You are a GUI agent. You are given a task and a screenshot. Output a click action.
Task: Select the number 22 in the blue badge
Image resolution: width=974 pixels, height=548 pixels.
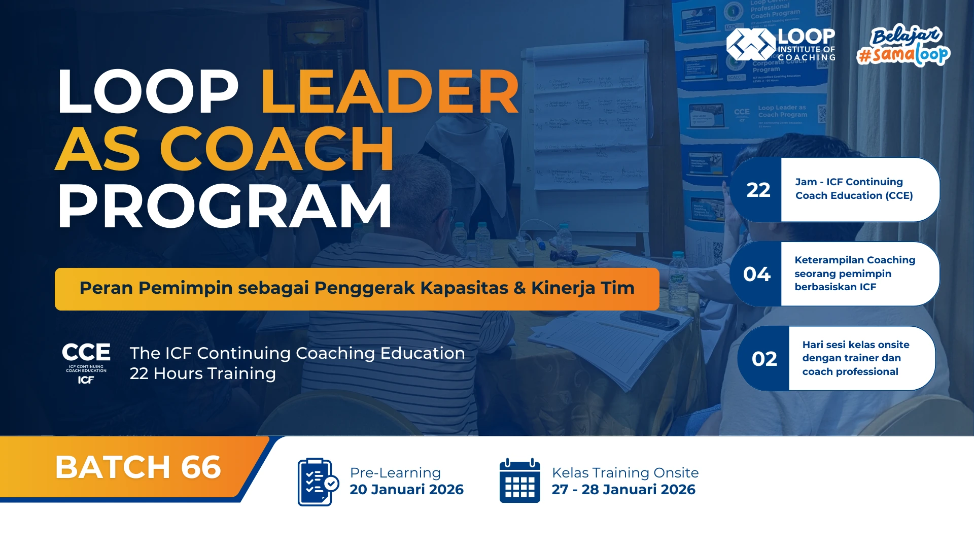(758, 190)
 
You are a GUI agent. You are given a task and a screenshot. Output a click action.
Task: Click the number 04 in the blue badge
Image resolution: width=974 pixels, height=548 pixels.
(757, 274)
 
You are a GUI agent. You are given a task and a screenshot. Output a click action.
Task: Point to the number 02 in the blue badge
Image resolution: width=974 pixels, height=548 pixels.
(764, 359)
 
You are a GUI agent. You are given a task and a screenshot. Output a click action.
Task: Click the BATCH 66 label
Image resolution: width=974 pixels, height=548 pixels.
(138, 467)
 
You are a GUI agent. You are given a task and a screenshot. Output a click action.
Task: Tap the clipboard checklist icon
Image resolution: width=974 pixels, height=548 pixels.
(317, 482)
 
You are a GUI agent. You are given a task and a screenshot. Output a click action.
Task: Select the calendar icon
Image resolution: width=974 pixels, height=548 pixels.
(519, 481)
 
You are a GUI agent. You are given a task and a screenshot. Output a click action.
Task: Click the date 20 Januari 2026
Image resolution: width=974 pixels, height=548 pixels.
(406, 489)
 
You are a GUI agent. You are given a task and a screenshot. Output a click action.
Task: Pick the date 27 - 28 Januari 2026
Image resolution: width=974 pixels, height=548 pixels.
(623, 489)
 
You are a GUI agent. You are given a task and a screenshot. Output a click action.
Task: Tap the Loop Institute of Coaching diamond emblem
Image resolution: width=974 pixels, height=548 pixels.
(751, 45)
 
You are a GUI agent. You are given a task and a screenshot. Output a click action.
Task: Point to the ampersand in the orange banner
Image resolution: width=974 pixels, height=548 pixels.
(519, 288)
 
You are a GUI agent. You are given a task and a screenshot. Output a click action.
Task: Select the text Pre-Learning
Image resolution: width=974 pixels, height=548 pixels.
(395, 472)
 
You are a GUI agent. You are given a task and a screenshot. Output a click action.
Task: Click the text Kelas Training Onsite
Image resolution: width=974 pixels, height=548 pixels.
(625, 472)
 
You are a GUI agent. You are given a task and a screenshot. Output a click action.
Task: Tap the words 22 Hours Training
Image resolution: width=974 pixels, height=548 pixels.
(203, 373)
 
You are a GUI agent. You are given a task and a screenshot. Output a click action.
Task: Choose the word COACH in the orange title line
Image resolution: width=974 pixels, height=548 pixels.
(277, 149)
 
